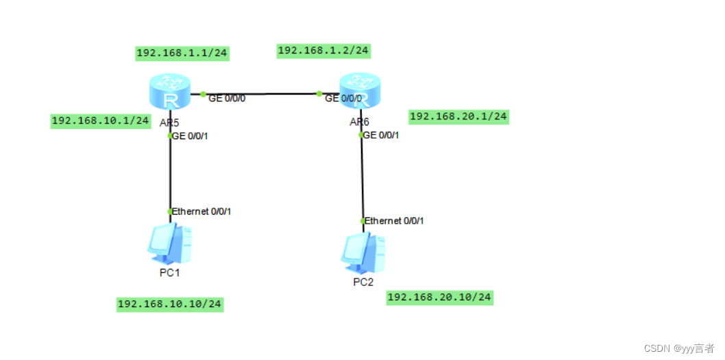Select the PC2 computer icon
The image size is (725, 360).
pos(363,253)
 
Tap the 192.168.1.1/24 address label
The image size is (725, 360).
pos(182,53)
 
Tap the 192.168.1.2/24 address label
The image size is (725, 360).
pos(323,50)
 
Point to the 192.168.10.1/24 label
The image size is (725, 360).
pos(101,121)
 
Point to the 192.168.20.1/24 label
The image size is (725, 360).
pos(458,117)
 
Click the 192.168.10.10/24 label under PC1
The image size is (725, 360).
pos(171,304)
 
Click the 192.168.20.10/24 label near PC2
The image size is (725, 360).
pos(439,297)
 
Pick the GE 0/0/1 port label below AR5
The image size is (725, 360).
pos(190,136)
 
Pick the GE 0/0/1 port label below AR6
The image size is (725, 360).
pos(381,135)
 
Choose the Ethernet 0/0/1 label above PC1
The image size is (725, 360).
pos(201,211)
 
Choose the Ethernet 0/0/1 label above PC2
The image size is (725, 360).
pos(395,221)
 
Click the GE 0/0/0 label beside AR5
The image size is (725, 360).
pos(227,99)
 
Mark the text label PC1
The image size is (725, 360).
pos(169,272)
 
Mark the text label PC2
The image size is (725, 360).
pos(363,282)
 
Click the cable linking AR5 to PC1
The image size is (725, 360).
pos(170,175)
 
